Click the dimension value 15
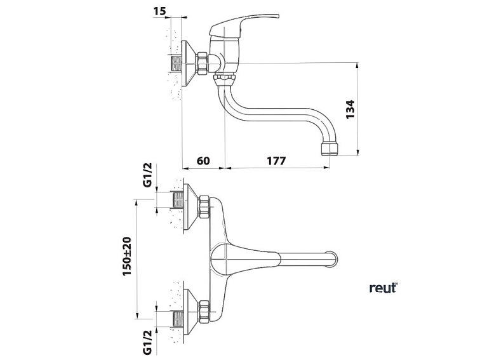(159, 11)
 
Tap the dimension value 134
(350, 109)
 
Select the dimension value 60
(203, 161)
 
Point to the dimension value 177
(276, 161)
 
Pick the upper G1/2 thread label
(147, 175)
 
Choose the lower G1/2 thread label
(147, 343)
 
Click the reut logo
(383, 288)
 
